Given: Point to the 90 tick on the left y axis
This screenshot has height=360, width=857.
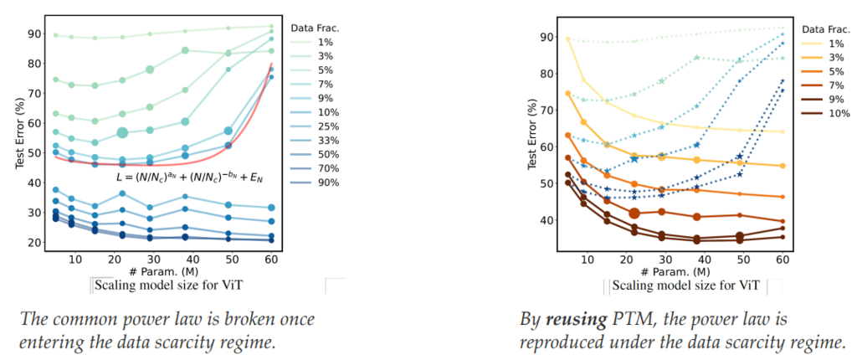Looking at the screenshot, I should point(34,33).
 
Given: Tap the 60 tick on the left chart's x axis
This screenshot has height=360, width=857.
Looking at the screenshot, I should point(270,259).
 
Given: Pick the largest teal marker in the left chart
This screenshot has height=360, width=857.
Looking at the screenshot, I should point(123,132).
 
